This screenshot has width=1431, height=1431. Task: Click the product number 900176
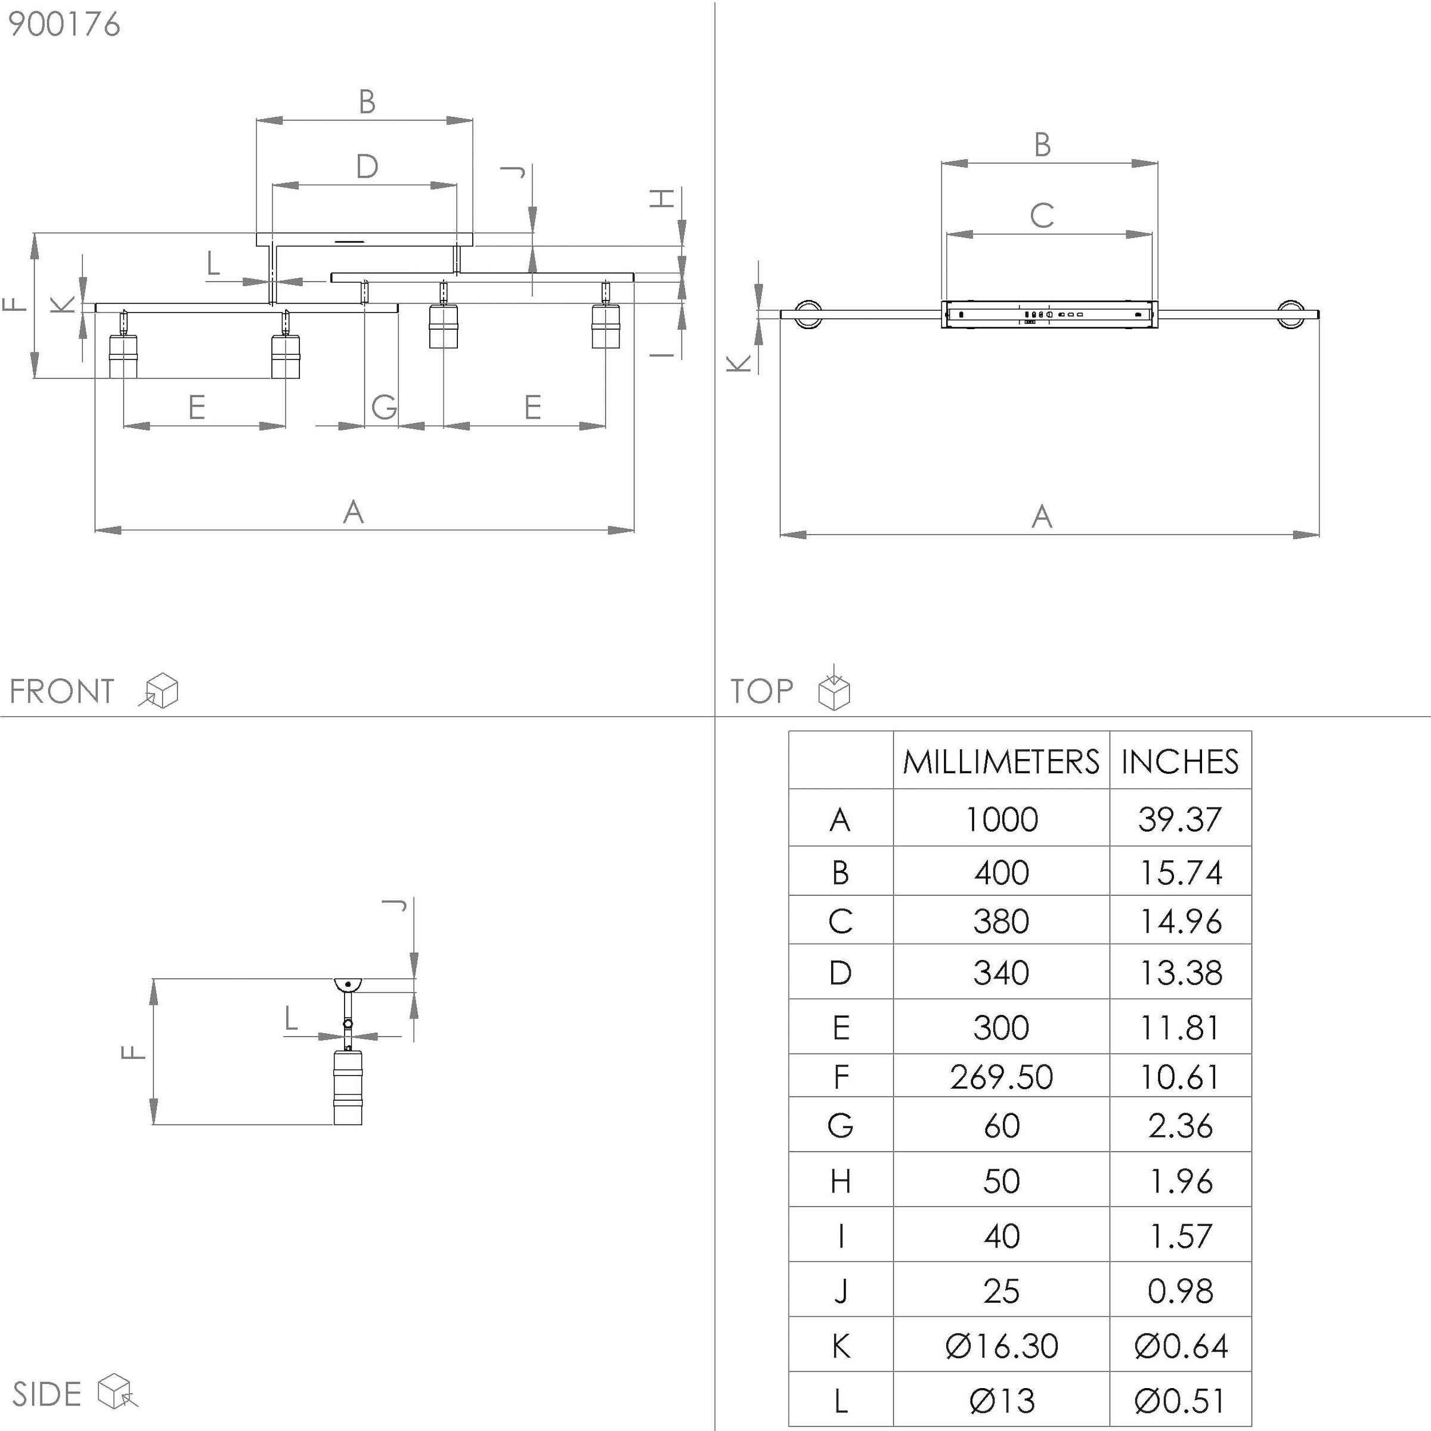(64, 24)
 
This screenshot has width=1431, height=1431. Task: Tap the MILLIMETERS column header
(1001, 761)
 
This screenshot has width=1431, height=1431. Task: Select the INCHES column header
(1180, 761)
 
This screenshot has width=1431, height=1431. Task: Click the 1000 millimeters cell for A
(1001, 819)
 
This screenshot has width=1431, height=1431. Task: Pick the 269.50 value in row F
(1001, 1077)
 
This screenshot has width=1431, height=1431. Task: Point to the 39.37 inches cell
(1180, 819)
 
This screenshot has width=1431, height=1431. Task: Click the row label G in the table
(840, 1126)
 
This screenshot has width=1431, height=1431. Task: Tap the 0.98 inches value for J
(1180, 1291)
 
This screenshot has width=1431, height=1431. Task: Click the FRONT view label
(62, 691)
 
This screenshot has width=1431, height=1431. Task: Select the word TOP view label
(761, 691)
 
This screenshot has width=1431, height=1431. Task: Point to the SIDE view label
(47, 1393)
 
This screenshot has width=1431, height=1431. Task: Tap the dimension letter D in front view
(367, 167)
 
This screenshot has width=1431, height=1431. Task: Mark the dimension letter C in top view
(1042, 215)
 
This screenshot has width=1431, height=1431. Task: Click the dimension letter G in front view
(383, 407)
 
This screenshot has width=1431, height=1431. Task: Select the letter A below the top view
(1042, 516)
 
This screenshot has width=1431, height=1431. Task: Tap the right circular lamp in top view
(1291, 314)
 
